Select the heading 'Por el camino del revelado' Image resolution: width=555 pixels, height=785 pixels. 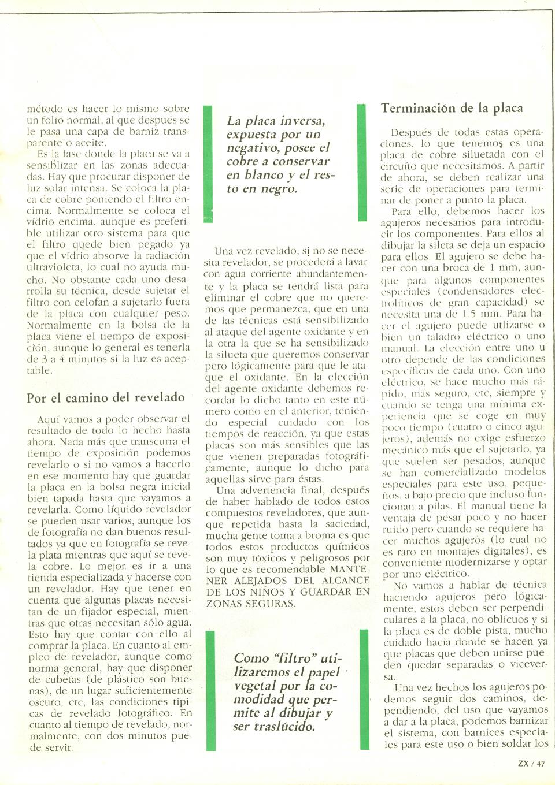(x=106, y=397)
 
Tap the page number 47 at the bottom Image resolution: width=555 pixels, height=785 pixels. (x=541, y=763)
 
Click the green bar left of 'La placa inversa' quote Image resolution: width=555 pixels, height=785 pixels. (x=208, y=163)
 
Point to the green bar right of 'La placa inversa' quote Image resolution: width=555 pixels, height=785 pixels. (x=362, y=163)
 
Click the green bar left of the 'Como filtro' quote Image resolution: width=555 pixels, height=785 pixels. (x=210, y=690)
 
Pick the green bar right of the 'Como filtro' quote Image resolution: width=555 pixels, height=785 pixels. (x=364, y=690)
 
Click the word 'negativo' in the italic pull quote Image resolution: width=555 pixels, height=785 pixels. (x=251, y=148)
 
